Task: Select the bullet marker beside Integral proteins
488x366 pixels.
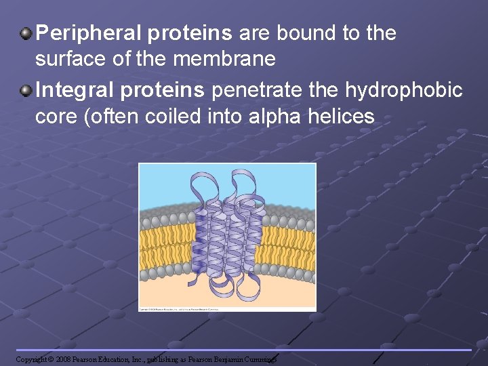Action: pos(25,89)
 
